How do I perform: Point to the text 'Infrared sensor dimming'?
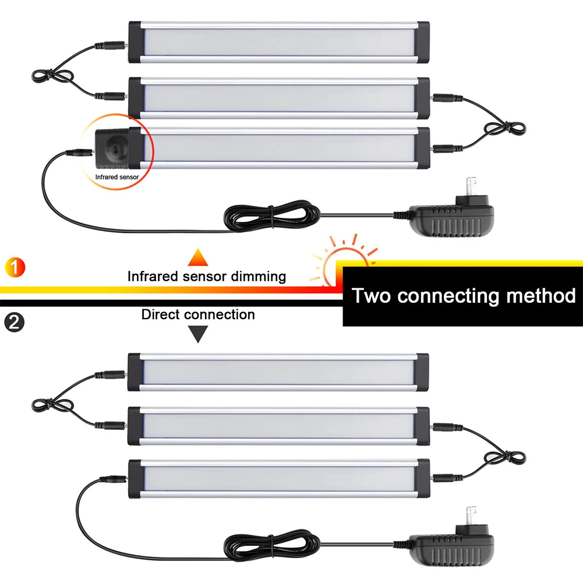207,276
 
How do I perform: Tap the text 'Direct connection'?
198,315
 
